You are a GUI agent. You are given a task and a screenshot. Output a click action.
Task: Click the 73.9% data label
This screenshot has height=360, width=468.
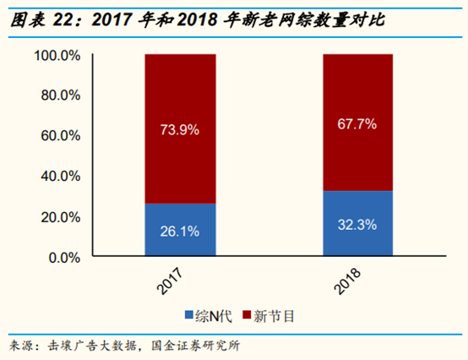[179, 129]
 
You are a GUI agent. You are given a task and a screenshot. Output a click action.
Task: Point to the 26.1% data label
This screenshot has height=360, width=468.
[179, 231]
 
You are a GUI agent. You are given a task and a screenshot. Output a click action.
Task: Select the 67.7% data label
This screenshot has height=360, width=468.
[357, 123]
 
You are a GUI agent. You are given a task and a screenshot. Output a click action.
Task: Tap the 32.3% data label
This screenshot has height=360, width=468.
[357, 225]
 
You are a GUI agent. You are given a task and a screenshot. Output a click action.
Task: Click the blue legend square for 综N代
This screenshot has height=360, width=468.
[189, 317]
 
